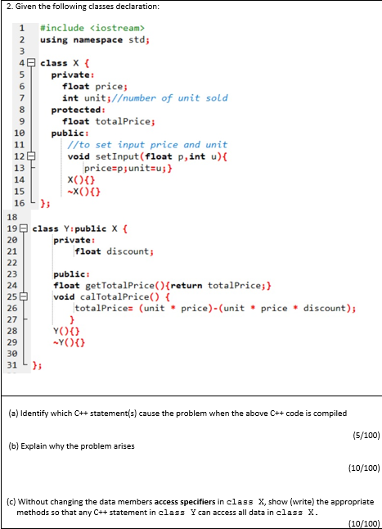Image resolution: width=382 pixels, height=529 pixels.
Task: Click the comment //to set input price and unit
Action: click(x=147, y=144)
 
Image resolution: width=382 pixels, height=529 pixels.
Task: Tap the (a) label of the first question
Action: click(x=12, y=413)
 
